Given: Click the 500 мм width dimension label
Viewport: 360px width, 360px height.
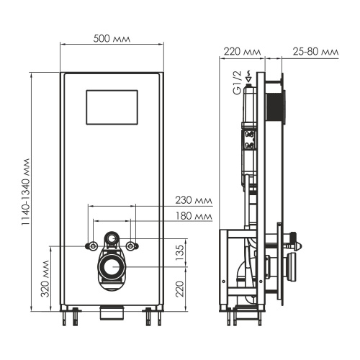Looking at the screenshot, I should point(112,38).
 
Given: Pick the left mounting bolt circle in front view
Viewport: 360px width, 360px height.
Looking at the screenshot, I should point(93,246).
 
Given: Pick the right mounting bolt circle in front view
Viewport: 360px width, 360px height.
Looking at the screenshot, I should point(130,246).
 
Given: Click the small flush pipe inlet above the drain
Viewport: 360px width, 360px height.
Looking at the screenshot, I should point(112,237).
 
